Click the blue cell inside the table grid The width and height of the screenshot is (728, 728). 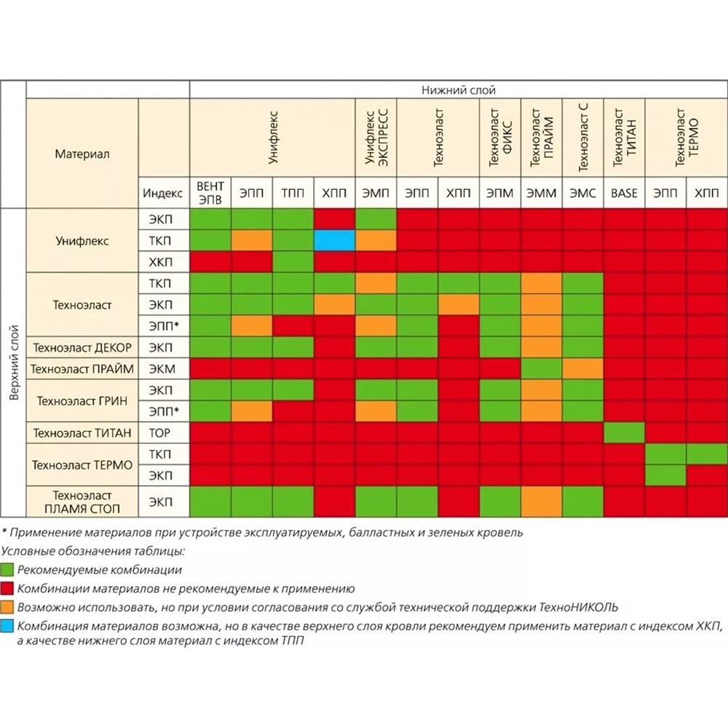pyautogui.click(x=334, y=240)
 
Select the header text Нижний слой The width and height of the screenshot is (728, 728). pyautogui.click(x=459, y=90)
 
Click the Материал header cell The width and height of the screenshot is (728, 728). pyautogui.click(x=82, y=154)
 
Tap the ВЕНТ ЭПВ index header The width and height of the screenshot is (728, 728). pyautogui.click(x=210, y=193)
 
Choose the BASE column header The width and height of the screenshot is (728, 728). pyautogui.click(x=624, y=193)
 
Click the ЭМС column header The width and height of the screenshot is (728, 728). pyautogui.click(x=582, y=193)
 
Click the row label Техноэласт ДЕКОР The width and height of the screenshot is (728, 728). pyautogui.click(x=82, y=347)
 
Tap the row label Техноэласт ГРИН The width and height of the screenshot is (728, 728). pyautogui.click(x=82, y=400)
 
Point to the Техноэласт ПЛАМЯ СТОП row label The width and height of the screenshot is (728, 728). pyautogui.click(x=82, y=502)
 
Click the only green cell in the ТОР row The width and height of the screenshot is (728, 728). pyautogui.click(x=624, y=433)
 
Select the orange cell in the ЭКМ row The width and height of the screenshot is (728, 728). pyautogui.click(x=582, y=368)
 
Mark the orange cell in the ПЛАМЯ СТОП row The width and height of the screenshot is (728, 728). pyautogui.click(x=541, y=502)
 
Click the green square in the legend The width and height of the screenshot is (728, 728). pyautogui.click(x=8, y=569)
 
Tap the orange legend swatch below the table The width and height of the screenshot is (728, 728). pyautogui.click(x=8, y=606)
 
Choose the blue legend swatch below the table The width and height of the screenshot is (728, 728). pyautogui.click(x=8, y=625)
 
